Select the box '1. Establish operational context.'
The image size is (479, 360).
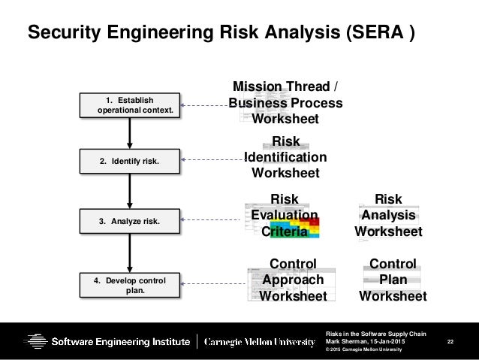pyautogui.click(x=130, y=104)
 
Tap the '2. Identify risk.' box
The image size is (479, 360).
pyautogui.click(x=130, y=160)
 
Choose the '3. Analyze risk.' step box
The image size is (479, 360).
pyautogui.click(x=130, y=222)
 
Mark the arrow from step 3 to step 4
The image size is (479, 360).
pyautogui.click(x=130, y=253)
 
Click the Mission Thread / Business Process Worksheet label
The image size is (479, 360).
pyautogui.click(x=285, y=103)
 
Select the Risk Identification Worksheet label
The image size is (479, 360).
pyautogui.click(x=285, y=157)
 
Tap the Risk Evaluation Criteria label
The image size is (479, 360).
pyautogui.click(x=285, y=216)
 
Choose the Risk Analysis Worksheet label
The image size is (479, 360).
pyautogui.click(x=388, y=216)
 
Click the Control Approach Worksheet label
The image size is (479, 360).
pyautogui.click(x=293, y=280)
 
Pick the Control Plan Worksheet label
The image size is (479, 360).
pyautogui.click(x=393, y=280)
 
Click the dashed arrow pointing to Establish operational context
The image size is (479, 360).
pyautogui.click(x=205, y=105)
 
